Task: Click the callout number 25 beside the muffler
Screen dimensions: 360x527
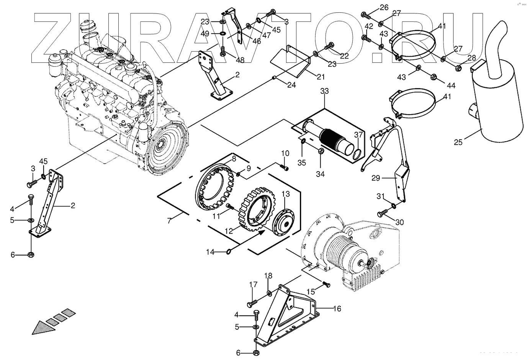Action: [458, 142]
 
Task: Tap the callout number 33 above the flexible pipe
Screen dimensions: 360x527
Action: [324, 92]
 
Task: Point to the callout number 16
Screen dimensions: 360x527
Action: [337, 308]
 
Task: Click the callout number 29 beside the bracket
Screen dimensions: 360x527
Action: [376, 178]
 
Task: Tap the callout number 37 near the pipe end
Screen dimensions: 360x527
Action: [358, 135]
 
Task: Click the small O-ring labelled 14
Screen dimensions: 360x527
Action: [228, 252]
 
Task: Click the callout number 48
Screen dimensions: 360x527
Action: [239, 60]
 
